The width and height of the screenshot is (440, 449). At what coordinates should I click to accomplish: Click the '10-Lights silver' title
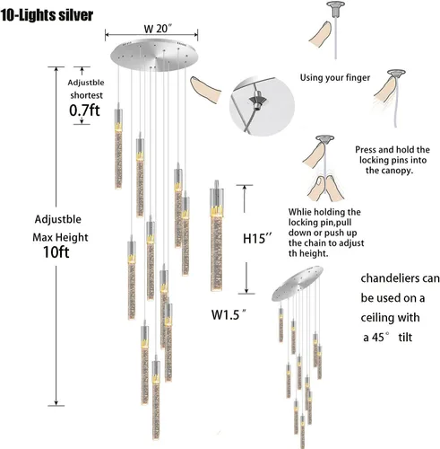[x=47, y=15]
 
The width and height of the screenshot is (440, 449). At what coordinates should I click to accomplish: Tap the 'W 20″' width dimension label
[x=158, y=29]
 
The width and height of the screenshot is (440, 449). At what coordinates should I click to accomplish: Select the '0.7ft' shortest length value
[x=84, y=110]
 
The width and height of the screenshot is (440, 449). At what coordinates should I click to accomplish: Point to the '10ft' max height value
[x=56, y=252]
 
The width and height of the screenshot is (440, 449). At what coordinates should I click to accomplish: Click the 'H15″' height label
[x=257, y=239]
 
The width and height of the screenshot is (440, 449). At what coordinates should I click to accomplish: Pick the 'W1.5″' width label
[x=229, y=314]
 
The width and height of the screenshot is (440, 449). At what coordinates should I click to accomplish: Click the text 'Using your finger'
[x=335, y=77]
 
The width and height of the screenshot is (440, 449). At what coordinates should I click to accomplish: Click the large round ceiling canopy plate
[x=154, y=55]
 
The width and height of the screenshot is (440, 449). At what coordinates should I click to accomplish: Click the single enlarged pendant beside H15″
[x=217, y=235]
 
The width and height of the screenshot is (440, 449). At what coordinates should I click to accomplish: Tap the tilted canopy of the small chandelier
[x=298, y=283]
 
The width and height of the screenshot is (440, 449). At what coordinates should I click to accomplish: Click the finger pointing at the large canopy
[x=206, y=90]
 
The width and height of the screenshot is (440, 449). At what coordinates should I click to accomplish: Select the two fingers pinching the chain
[x=325, y=189]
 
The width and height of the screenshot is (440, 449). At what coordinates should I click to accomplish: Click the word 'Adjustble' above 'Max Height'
[x=58, y=219]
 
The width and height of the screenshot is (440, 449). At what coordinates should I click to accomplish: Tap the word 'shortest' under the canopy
[x=86, y=95]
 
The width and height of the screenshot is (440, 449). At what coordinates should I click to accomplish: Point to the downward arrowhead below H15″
[x=246, y=290]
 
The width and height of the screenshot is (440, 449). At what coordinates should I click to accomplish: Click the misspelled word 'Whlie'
[x=299, y=212]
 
